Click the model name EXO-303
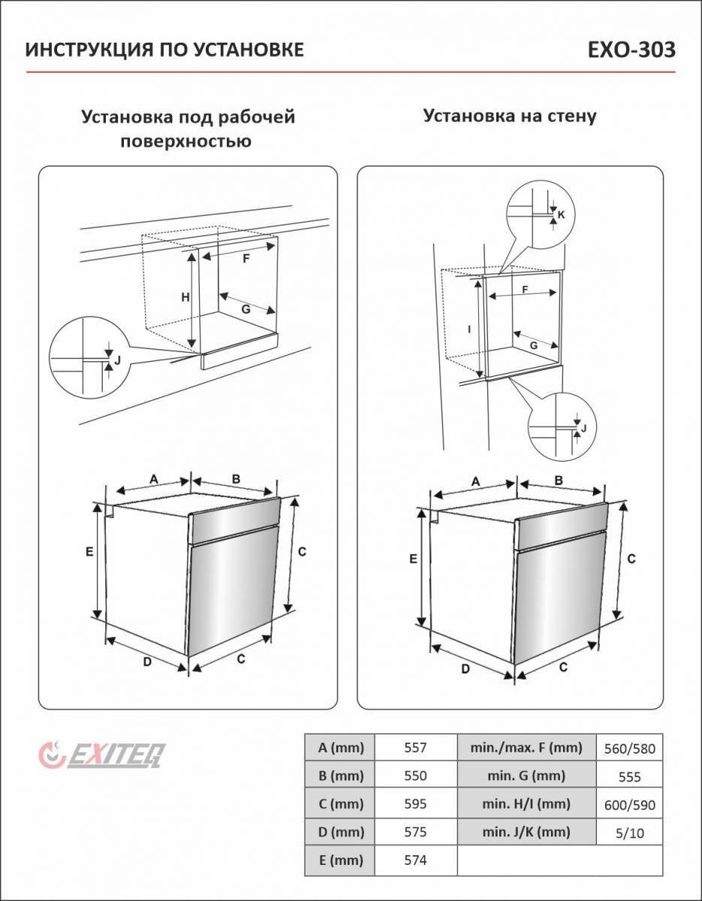[631, 50]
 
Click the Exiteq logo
[102, 755]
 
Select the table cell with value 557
[415, 748]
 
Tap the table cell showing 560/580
[629, 749]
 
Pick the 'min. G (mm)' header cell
[526, 776]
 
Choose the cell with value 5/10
[629, 833]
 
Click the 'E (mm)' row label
[341, 860]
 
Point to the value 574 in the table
[415, 860]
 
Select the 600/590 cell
[629, 805]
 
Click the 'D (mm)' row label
[341, 832]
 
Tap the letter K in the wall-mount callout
[561, 215]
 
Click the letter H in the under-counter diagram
[185, 297]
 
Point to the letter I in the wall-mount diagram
[469, 329]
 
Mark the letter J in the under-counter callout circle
[117, 360]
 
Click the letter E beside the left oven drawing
[89, 552]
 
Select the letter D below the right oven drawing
[465, 669]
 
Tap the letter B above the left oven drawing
[236, 479]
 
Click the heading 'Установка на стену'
[510, 116]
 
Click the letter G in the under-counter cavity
[246, 309]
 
